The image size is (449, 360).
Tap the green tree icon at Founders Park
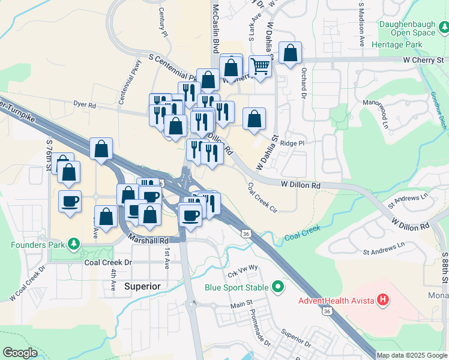pyautogui.click(x=74, y=244)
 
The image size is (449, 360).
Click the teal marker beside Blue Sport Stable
pyautogui.click(x=277, y=287)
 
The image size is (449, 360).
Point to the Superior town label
pyautogui.click(x=142, y=286)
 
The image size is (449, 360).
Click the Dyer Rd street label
pyautogui.click(x=85, y=105)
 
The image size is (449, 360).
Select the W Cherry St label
pyautogui.click(x=423, y=61)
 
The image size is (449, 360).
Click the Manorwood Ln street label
pyautogui.click(x=383, y=114)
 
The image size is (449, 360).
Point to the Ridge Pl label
pyautogui.click(x=292, y=143)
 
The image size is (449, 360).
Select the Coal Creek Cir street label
pyautogui.click(x=262, y=197)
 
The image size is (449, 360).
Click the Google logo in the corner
pyautogui.click(x=20, y=353)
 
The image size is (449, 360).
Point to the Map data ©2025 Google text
pyautogui.click(x=412, y=355)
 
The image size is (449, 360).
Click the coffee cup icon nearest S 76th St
pyautogui.click(x=70, y=201)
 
